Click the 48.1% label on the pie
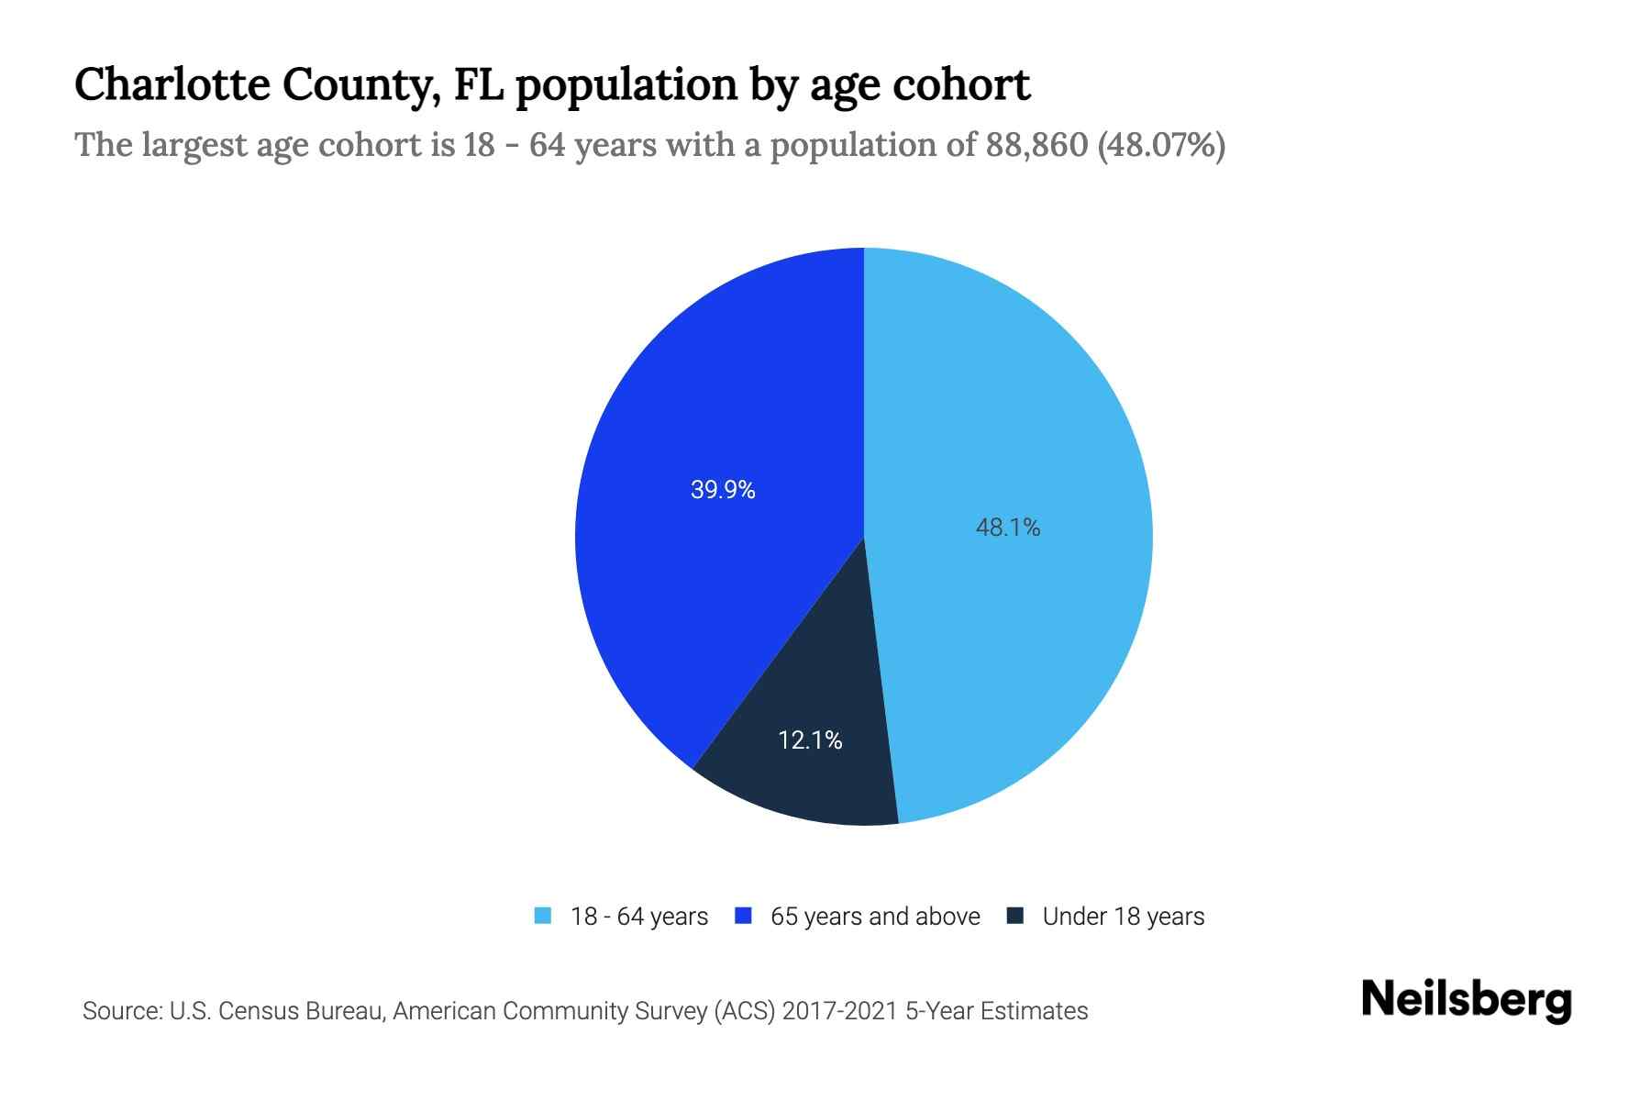tap(1007, 528)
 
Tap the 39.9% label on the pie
tap(723, 490)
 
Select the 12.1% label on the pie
tap(810, 740)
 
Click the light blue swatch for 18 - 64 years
tap(543, 916)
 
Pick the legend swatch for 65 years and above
tap(744, 916)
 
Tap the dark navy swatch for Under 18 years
tap(1015, 916)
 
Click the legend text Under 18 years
tap(1123, 917)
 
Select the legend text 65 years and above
tap(875, 917)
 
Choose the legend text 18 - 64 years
tap(639, 917)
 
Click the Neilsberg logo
tap(1466, 1000)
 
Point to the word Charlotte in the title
tap(172, 84)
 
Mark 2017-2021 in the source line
tap(839, 1011)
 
